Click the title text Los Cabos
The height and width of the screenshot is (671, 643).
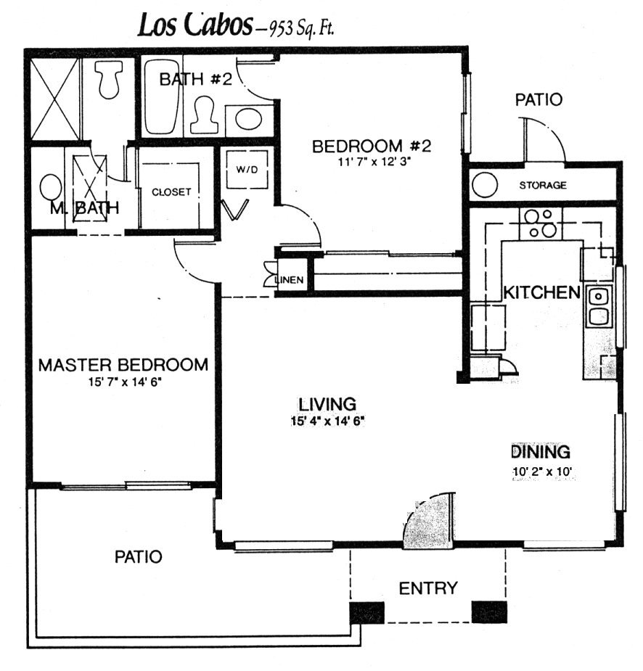[x=195, y=25]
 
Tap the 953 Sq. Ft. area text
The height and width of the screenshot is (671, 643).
[x=300, y=28]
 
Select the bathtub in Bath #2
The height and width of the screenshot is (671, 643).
[x=162, y=96]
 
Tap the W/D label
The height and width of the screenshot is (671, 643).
[x=247, y=170]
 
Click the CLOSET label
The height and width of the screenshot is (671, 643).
[x=171, y=192]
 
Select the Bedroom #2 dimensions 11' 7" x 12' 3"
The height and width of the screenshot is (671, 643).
[x=371, y=162]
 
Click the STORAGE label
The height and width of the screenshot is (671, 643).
[x=543, y=185]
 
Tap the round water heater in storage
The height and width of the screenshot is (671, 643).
[x=485, y=185]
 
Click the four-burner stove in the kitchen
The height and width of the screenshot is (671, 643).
[x=540, y=224]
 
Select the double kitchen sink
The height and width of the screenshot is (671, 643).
[x=599, y=306]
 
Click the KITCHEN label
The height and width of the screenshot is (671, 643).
[x=542, y=293]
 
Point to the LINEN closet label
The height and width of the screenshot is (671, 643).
[x=290, y=280]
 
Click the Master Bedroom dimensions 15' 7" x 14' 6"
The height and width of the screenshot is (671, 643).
[x=125, y=382]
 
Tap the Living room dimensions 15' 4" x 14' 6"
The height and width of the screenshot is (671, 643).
[x=327, y=421]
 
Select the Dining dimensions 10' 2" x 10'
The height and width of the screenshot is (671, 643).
[x=542, y=472]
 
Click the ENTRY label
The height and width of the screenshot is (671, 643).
[x=428, y=588]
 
